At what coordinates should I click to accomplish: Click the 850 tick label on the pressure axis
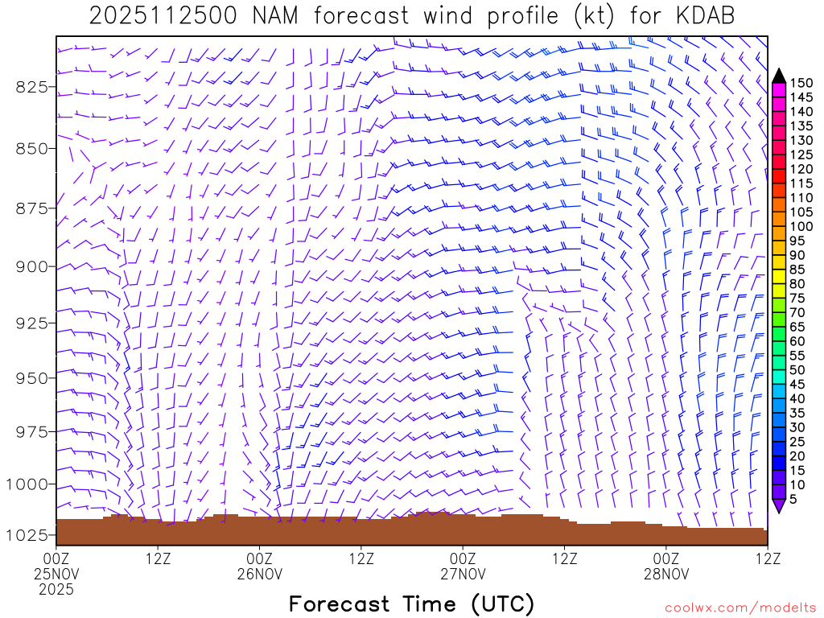(32, 149)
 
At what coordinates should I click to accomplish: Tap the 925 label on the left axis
(32, 323)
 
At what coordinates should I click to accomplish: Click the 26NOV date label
(260, 575)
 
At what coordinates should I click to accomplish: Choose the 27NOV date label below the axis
(463, 575)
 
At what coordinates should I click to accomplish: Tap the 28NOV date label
(667, 575)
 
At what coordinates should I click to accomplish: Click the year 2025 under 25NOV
(56, 590)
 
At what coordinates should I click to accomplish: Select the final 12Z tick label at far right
(768, 558)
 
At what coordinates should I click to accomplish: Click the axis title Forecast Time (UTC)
(411, 604)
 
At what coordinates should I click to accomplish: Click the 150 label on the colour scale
(801, 83)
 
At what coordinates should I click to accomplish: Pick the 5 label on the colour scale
(793, 499)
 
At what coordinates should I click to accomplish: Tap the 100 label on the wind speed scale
(801, 226)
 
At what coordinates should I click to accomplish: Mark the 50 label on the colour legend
(797, 370)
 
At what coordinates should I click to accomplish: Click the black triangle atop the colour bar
(779, 76)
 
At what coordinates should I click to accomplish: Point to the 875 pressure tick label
(32, 209)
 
